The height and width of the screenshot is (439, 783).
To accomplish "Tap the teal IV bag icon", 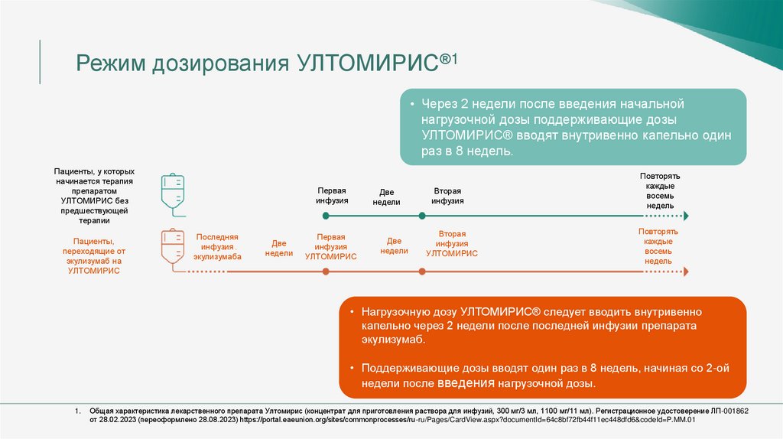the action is pos(173,192).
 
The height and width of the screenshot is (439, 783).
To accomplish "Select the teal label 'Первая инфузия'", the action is pos(332,195).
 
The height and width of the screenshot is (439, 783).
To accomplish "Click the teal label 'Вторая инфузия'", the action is pos(447,195).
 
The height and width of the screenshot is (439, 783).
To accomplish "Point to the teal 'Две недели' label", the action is pos(386,197).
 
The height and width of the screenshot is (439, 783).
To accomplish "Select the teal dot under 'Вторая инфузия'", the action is pos(422,216).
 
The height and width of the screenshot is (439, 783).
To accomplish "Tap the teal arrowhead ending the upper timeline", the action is pos(686,216).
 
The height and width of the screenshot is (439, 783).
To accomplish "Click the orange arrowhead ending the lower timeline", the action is pos(686,272).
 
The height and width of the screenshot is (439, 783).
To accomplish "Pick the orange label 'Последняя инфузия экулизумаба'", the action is pos(217,247).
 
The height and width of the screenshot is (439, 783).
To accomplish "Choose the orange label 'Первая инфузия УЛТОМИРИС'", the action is pos(331,247).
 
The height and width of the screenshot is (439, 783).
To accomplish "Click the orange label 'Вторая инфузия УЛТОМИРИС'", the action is pos(452,243).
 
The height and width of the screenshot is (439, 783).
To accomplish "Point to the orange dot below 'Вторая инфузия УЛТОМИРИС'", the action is pos(422,272).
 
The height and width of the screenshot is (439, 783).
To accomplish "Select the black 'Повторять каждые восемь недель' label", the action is pos(658,190).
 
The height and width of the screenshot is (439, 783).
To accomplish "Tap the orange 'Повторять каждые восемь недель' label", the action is pos(658,246).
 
